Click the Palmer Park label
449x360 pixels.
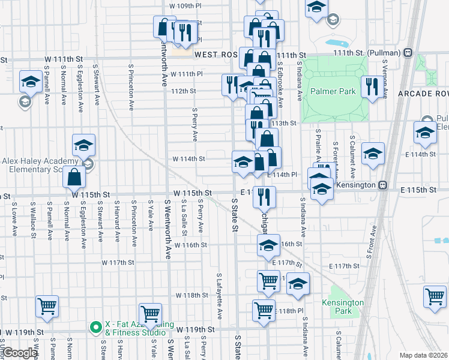(x=333, y=92)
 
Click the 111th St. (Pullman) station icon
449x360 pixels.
(x=408, y=52)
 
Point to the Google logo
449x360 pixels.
(x=20, y=353)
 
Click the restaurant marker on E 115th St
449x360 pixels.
(x=265, y=196)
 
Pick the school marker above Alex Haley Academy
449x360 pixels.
(x=84, y=145)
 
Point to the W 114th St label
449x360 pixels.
(x=189, y=159)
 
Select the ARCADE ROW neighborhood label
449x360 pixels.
(x=423, y=94)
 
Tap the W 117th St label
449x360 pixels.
(x=118, y=263)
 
